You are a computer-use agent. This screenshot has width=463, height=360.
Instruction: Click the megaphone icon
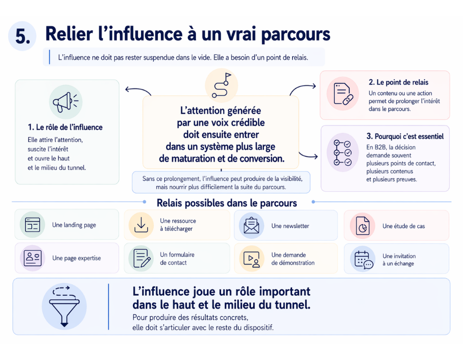tap(65, 102)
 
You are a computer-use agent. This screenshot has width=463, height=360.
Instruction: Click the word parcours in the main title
tap(296, 35)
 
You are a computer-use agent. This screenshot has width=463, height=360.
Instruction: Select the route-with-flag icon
tap(221, 85)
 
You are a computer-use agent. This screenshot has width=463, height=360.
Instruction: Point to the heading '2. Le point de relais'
tap(398, 82)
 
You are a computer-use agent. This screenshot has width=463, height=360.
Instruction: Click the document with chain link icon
tap(343, 94)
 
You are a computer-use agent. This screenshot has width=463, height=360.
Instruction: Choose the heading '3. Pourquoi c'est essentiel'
tap(405, 136)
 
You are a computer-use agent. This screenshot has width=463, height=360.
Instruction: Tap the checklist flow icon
tap(343, 153)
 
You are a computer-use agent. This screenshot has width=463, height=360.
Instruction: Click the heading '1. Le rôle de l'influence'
tap(65, 127)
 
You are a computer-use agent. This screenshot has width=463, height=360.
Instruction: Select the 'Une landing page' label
tap(74, 225)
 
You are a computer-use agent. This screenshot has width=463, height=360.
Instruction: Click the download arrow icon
tap(141, 225)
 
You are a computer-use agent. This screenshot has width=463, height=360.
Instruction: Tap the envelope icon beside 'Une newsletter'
tap(251, 225)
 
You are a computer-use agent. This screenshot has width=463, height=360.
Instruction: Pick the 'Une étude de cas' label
tap(404, 226)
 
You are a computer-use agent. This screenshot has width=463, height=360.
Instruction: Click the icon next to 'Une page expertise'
tap(32, 258)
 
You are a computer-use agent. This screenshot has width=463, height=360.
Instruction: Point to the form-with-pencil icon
tap(141, 259)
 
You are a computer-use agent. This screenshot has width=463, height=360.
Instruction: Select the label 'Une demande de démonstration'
tap(293, 259)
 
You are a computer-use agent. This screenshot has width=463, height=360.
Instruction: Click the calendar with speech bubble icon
tap(364, 260)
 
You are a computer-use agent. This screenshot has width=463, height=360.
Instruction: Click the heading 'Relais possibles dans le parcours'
tap(227, 203)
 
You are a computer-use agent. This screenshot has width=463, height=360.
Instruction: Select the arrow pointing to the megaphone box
tap(137, 90)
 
